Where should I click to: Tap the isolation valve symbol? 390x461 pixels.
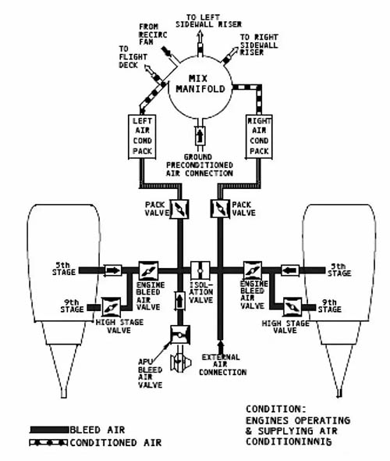pyautogui.click(x=200, y=270)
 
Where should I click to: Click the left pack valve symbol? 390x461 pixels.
pyautogui.click(x=179, y=209)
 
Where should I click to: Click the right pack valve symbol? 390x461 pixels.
pyautogui.click(x=220, y=209)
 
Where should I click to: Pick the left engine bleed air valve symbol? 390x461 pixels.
pyautogui.click(x=148, y=271)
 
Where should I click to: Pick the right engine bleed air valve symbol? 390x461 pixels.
pyautogui.click(x=253, y=270)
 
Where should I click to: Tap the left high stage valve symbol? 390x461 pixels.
pyautogui.click(x=112, y=307)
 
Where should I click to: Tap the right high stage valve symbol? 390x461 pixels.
pyautogui.click(x=292, y=307)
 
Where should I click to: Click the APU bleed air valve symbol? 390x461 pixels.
pyautogui.click(x=180, y=335)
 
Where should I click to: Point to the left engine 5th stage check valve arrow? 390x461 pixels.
pyautogui.click(x=113, y=270)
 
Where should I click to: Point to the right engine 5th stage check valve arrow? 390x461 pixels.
pyautogui.click(x=290, y=270)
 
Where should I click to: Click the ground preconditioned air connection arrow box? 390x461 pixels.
pyautogui.click(x=200, y=136)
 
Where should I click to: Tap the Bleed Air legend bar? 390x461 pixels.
pyautogui.click(x=49, y=430)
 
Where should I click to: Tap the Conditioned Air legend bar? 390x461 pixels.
pyautogui.click(x=48, y=442)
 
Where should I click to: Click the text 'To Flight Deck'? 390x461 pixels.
pyautogui.click(x=133, y=57)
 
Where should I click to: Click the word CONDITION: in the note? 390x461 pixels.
pyautogui.click(x=276, y=409)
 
